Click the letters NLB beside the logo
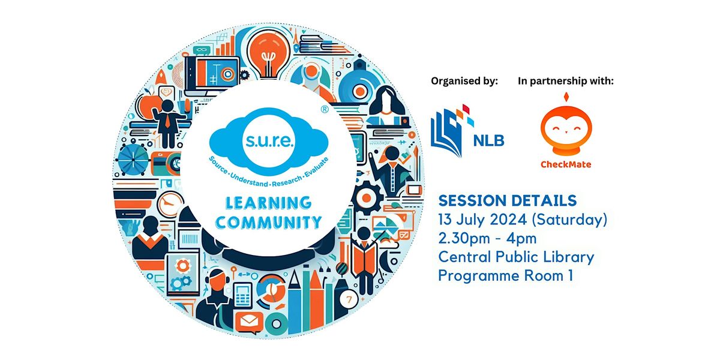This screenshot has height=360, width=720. click(488, 140)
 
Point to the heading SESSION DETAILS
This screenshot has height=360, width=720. click(508, 200)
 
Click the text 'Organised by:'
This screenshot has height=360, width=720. click(464, 82)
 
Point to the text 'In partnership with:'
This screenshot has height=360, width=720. click(566, 82)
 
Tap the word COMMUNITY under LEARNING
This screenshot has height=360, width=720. click(268, 223)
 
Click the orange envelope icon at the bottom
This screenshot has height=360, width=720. click(248, 323)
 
